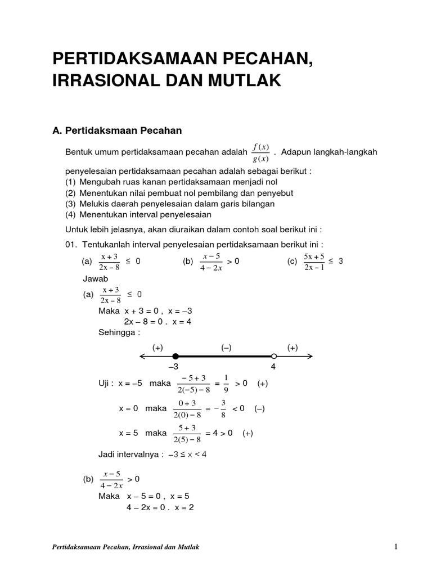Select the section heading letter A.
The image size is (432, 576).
[56, 131]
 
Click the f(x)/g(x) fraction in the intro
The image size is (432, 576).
[261, 152]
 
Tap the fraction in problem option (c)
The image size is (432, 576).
[314, 262]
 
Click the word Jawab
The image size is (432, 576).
[95, 279]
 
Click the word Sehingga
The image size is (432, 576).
[119, 332]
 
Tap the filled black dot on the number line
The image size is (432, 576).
[175, 356]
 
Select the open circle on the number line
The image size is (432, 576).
[274, 356]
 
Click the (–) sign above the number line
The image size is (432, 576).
[227, 348]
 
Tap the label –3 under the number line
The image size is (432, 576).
[173, 367]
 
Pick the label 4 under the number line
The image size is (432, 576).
[273, 367]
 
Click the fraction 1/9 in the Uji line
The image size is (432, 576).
[225, 384]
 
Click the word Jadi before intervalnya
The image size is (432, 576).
[107, 454]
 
